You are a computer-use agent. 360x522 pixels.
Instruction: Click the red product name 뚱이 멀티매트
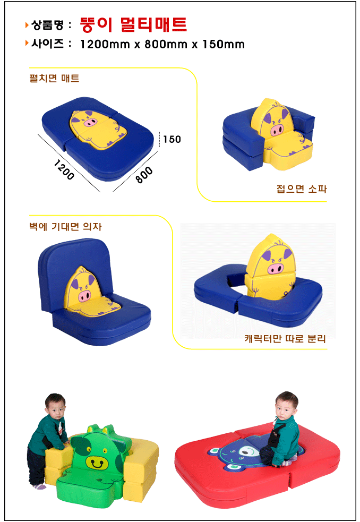click(x=133, y=24)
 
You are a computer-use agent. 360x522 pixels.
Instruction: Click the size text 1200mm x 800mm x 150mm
click(x=162, y=44)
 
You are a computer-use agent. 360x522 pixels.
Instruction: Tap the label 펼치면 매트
click(x=54, y=78)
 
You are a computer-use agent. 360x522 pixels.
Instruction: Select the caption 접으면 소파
click(x=302, y=189)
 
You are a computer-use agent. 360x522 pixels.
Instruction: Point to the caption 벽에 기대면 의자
click(x=65, y=227)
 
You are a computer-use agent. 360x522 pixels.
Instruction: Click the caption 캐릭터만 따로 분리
click(x=285, y=339)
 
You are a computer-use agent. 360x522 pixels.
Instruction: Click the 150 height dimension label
click(x=172, y=139)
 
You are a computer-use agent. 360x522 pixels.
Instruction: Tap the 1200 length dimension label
click(x=64, y=170)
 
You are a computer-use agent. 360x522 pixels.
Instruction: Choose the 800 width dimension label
click(x=144, y=175)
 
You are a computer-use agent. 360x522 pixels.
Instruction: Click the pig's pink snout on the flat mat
click(x=90, y=123)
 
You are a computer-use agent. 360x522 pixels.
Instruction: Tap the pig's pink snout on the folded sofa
click(x=277, y=129)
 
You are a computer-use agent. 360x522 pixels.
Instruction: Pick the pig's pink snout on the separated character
click(x=276, y=268)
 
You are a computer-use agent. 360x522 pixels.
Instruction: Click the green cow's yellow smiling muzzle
click(x=97, y=463)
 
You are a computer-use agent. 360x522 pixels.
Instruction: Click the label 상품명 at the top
click(x=47, y=24)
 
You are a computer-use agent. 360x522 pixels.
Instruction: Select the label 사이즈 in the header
click(x=47, y=44)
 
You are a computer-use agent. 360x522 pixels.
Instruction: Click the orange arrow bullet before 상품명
click(x=27, y=24)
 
